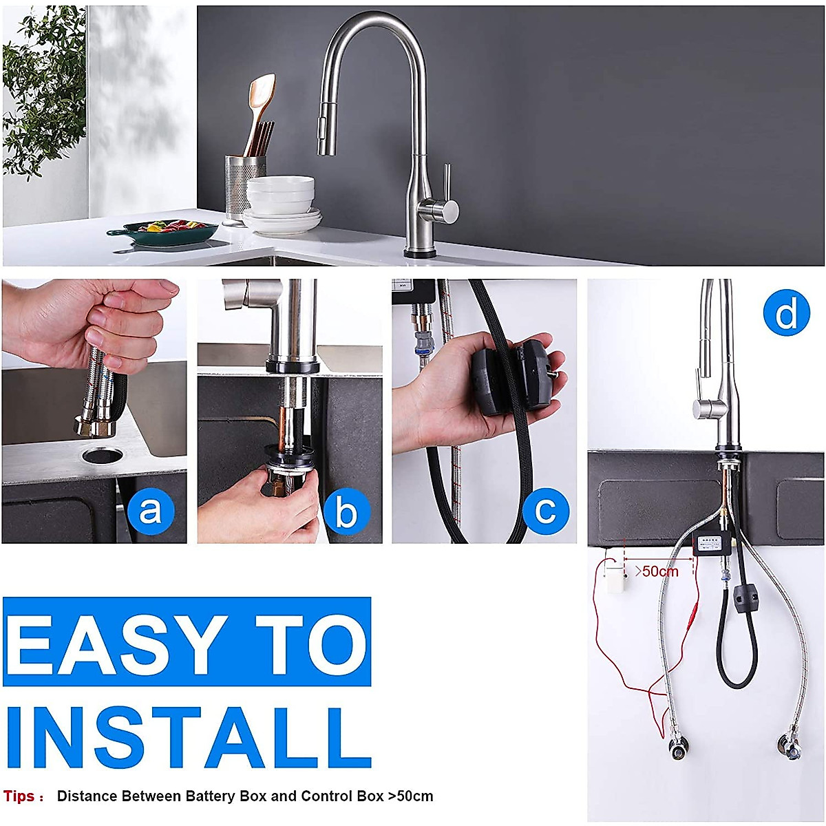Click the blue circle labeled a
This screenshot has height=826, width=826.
150,511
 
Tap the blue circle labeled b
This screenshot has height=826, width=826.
346,511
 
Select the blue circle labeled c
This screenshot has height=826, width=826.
545,511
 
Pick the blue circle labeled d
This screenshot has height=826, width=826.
786,313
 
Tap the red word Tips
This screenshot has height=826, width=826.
19,796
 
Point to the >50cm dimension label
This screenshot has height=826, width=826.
656,571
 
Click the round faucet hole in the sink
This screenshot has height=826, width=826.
101,455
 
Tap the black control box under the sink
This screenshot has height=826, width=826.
712,546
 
